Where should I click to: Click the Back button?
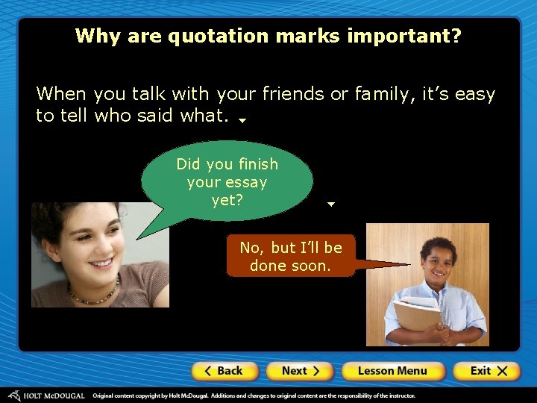(224, 371)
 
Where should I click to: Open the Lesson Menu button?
(393, 371)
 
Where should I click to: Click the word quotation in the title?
(217, 36)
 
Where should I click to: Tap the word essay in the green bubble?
(248, 182)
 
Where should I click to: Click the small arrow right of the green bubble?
(331, 204)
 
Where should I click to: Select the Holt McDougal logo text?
(52, 396)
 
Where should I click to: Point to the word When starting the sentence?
(62, 94)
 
